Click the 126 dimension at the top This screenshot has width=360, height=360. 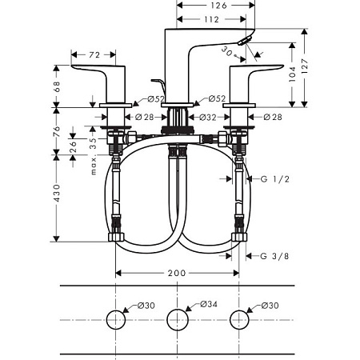click(x=218, y=6)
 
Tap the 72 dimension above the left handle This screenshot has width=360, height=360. click(x=93, y=54)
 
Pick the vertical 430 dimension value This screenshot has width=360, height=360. click(x=58, y=192)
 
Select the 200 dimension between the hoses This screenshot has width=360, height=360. click(x=177, y=273)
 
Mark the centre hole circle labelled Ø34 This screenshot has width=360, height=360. click(x=178, y=320)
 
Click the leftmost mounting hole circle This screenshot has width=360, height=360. click(x=116, y=320)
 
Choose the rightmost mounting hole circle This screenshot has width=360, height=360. click(x=238, y=320)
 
